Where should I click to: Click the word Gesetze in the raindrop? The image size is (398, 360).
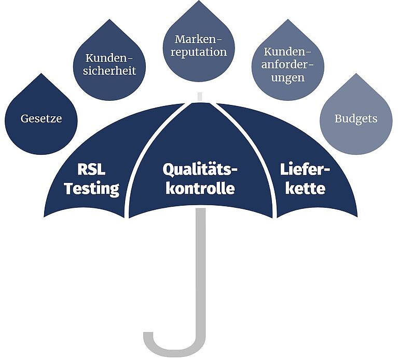(x=41, y=118)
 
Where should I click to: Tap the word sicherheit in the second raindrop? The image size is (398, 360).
(x=109, y=71)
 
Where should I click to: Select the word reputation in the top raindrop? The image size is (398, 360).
(x=199, y=52)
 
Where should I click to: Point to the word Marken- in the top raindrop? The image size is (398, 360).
(x=198, y=39)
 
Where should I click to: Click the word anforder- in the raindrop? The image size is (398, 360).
(x=288, y=64)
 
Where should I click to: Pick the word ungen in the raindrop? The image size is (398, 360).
(x=288, y=78)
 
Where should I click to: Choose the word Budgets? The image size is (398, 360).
(x=356, y=119)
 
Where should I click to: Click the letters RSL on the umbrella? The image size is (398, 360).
(x=91, y=169)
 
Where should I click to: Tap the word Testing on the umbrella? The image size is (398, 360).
(x=92, y=189)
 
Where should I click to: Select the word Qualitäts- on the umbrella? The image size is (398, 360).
(x=200, y=170)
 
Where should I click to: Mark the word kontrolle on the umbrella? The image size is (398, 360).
(x=200, y=189)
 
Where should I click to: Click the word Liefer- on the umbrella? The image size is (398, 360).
(x=305, y=169)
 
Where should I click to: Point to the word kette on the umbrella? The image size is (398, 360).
(x=305, y=189)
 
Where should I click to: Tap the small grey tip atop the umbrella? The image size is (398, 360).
(x=200, y=97)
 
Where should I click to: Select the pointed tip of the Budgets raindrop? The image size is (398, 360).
(x=356, y=74)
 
